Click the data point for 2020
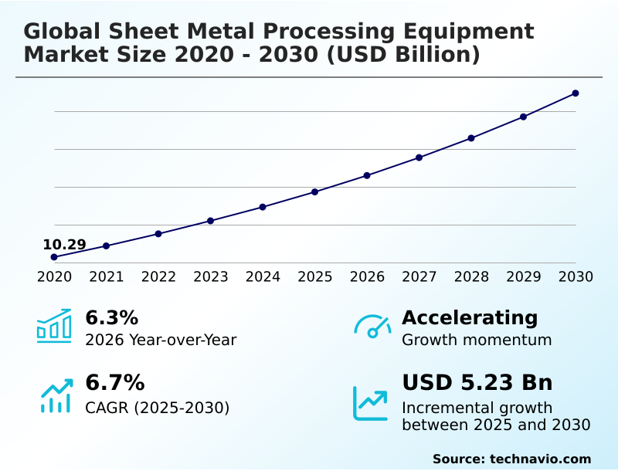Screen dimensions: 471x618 pyautogui.click(x=54, y=257)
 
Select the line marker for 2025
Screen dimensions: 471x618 pyautogui.click(x=315, y=191)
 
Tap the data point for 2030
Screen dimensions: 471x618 pyautogui.click(x=576, y=93)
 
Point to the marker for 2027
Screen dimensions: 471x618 pyautogui.click(x=419, y=158)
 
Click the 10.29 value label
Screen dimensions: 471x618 pyautogui.click(x=64, y=245)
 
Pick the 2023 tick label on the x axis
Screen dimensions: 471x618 pyautogui.click(x=211, y=277)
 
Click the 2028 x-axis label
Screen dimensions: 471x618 pyautogui.click(x=471, y=277)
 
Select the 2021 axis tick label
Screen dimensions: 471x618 pyautogui.click(x=107, y=277)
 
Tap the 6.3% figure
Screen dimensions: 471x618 pyautogui.click(x=111, y=318)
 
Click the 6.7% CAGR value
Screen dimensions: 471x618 pyautogui.click(x=114, y=383)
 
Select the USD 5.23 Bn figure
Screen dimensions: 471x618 pyautogui.click(x=477, y=383)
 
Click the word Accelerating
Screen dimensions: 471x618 pyautogui.click(x=469, y=318)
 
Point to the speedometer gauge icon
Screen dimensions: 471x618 pyautogui.click(x=372, y=327)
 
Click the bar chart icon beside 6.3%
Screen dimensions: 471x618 pyautogui.click(x=54, y=327)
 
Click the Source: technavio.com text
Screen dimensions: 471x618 pyautogui.click(x=511, y=459)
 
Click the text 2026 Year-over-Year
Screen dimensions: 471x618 pyautogui.click(x=161, y=340)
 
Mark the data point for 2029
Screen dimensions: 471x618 pyautogui.click(x=523, y=117)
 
